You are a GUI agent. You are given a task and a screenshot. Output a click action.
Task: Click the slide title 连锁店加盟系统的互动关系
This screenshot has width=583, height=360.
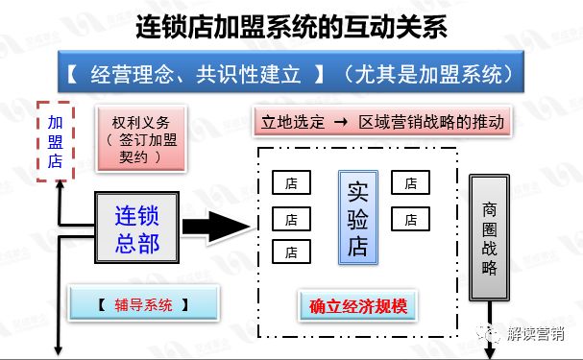click(291, 26)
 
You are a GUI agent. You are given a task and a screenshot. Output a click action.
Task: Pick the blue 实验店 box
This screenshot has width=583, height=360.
click(357, 218)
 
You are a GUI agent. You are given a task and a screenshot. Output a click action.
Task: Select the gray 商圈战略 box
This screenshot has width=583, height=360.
click(491, 236)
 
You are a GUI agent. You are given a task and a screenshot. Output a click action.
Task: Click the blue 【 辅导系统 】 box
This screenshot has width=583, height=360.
click(142, 305)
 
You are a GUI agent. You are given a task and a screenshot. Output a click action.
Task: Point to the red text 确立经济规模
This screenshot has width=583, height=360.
click(359, 308)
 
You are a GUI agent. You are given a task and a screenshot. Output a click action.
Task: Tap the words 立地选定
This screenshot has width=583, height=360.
click(292, 123)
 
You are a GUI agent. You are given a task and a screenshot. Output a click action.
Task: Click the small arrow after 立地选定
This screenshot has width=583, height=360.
click(340, 123)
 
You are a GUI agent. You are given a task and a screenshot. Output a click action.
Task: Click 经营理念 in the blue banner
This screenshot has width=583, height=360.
click(128, 73)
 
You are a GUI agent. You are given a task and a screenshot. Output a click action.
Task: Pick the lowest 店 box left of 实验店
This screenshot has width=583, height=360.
click(291, 252)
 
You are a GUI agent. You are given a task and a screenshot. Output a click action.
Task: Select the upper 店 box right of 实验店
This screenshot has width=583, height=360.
click(410, 182)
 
